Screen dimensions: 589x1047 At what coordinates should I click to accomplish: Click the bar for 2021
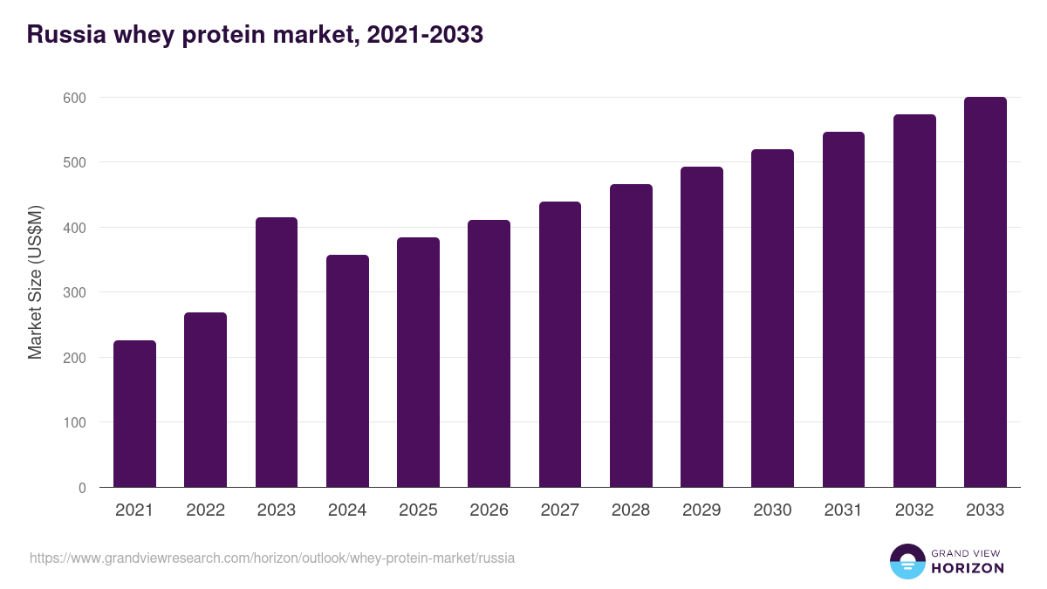click(x=134, y=414)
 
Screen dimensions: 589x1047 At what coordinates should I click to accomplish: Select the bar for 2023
click(x=277, y=353)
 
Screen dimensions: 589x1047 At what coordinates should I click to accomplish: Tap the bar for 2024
click(x=347, y=371)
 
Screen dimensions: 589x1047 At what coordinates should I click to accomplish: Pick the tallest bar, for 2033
click(x=985, y=292)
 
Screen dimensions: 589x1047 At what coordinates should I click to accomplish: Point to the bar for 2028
click(x=631, y=336)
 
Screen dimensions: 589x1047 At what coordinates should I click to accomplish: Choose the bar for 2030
click(x=772, y=318)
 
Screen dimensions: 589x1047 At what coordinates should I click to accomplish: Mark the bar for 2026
click(x=489, y=353)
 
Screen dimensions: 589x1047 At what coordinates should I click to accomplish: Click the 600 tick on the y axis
click(x=75, y=98)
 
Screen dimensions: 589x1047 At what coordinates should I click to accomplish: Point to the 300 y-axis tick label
click(x=75, y=292)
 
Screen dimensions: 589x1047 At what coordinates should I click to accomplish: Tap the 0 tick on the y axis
click(x=82, y=488)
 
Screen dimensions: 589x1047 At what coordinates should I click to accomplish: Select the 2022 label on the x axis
click(x=205, y=510)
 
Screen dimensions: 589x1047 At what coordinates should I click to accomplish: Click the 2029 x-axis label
click(x=701, y=510)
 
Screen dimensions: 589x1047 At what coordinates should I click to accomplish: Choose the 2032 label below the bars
click(x=914, y=510)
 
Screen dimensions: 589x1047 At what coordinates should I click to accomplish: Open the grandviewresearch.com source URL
click(x=272, y=558)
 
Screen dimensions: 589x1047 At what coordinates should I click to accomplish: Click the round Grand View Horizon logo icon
click(x=907, y=561)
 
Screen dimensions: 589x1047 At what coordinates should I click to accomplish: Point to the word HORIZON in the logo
click(x=968, y=568)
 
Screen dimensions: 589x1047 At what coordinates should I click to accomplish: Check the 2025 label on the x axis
click(x=418, y=510)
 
